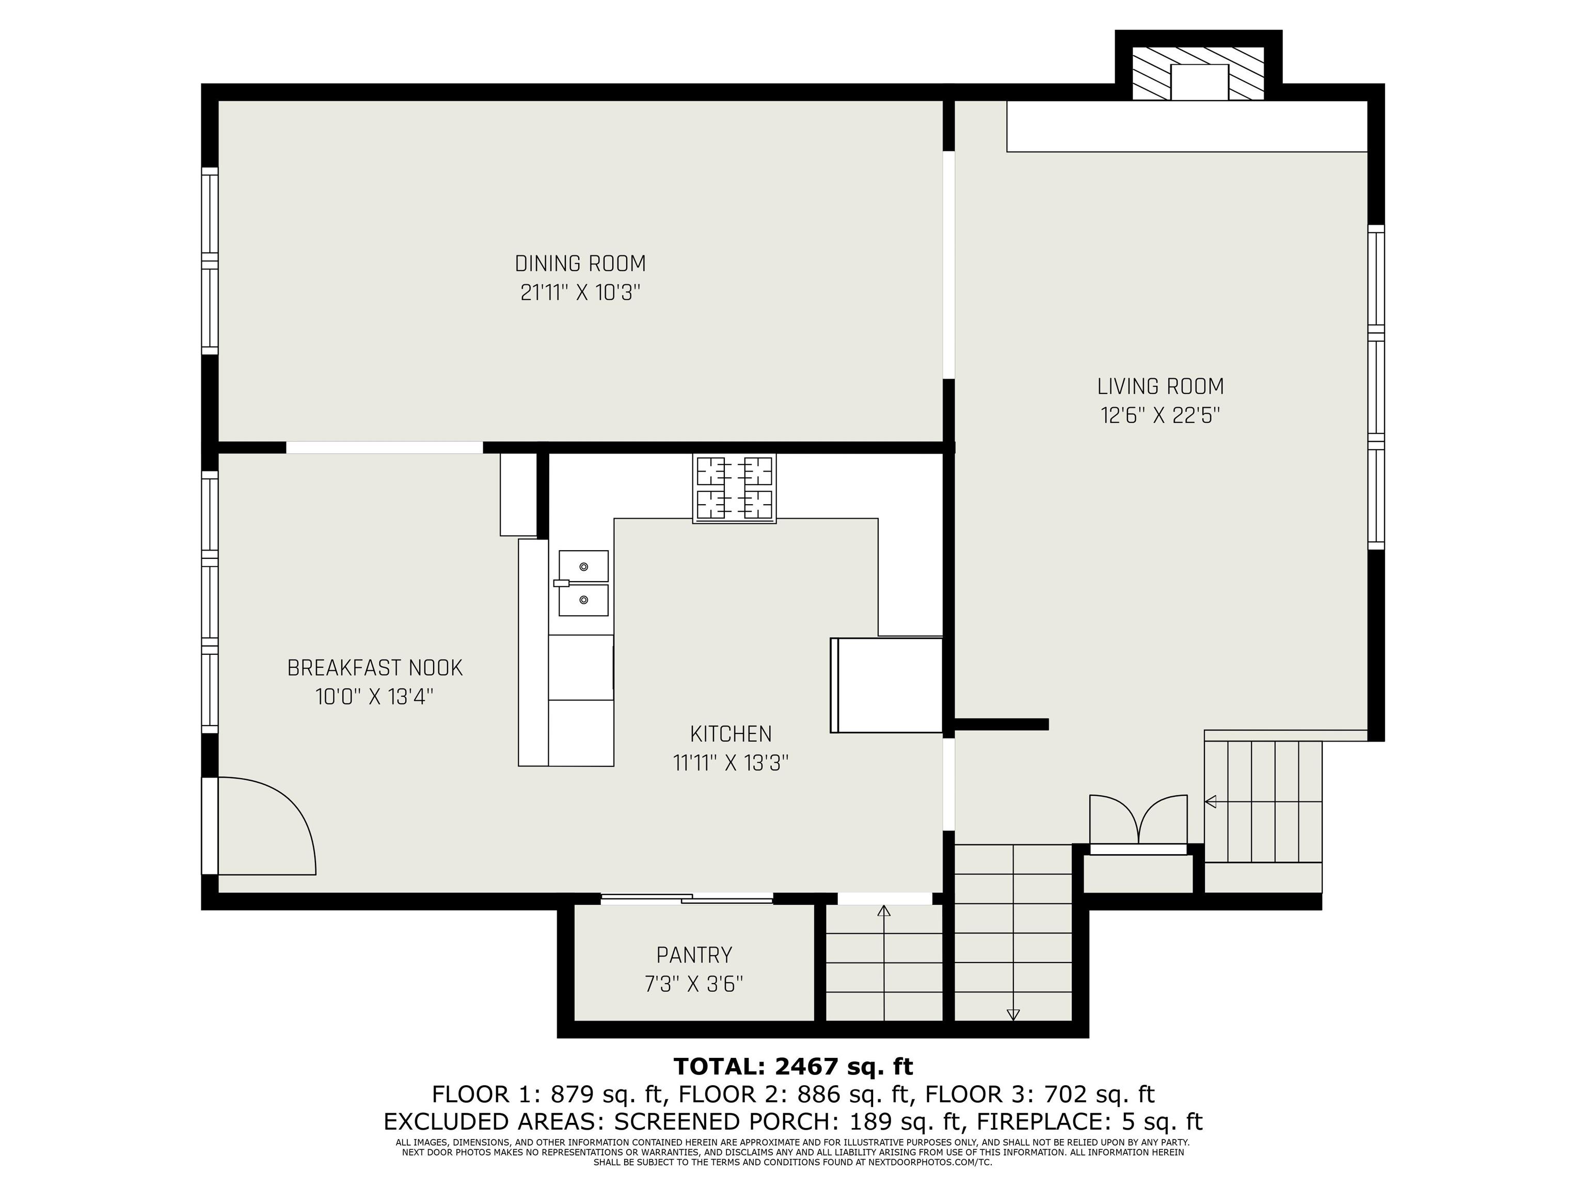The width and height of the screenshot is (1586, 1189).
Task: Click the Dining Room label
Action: tap(580, 264)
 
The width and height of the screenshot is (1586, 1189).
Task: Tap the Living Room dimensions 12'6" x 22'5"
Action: tap(1160, 415)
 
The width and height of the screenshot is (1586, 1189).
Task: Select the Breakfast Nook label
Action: tap(375, 668)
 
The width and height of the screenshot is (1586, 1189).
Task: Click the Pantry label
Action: tap(694, 955)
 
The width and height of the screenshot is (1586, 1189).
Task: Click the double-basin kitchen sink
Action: tap(583, 583)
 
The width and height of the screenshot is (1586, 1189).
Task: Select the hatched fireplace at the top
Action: tap(1199, 73)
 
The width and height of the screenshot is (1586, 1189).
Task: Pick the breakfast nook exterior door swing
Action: tap(267, 826)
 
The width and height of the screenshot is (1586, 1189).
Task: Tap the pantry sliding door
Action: tap(687, 898)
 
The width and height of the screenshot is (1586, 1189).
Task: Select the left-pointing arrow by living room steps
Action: tap(1211, 801)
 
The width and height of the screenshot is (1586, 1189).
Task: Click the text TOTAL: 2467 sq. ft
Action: tap(793, 1067)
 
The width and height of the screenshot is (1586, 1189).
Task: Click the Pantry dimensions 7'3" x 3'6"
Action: tap(694, 985)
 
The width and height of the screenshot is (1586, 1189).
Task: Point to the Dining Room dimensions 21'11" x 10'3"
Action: tap(580, 293)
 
